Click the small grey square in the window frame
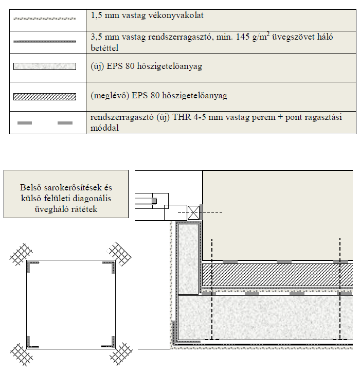[x=154, y=200]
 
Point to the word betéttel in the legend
[x=105, y=48]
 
